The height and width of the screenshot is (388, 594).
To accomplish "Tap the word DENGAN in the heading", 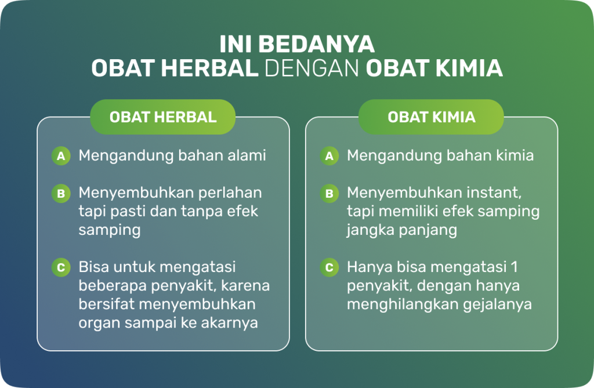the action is click(312, 68).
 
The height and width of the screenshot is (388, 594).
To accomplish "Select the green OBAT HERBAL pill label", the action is click(163, 117).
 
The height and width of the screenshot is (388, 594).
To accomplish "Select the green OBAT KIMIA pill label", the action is click(431, 117).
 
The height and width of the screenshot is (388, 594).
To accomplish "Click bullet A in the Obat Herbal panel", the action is click(61, 156).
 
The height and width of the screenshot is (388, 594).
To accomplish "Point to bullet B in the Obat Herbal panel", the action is click(61, 193).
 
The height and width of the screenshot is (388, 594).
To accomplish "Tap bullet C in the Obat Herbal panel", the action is click(61, 267).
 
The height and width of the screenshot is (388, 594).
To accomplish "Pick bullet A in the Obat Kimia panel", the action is click(329, 156).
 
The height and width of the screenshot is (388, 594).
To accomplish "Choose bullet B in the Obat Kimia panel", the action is click(329, 193).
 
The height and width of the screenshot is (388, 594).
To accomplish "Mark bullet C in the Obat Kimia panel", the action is click(329, 267).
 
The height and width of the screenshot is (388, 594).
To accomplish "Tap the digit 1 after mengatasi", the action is click(514, 267).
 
